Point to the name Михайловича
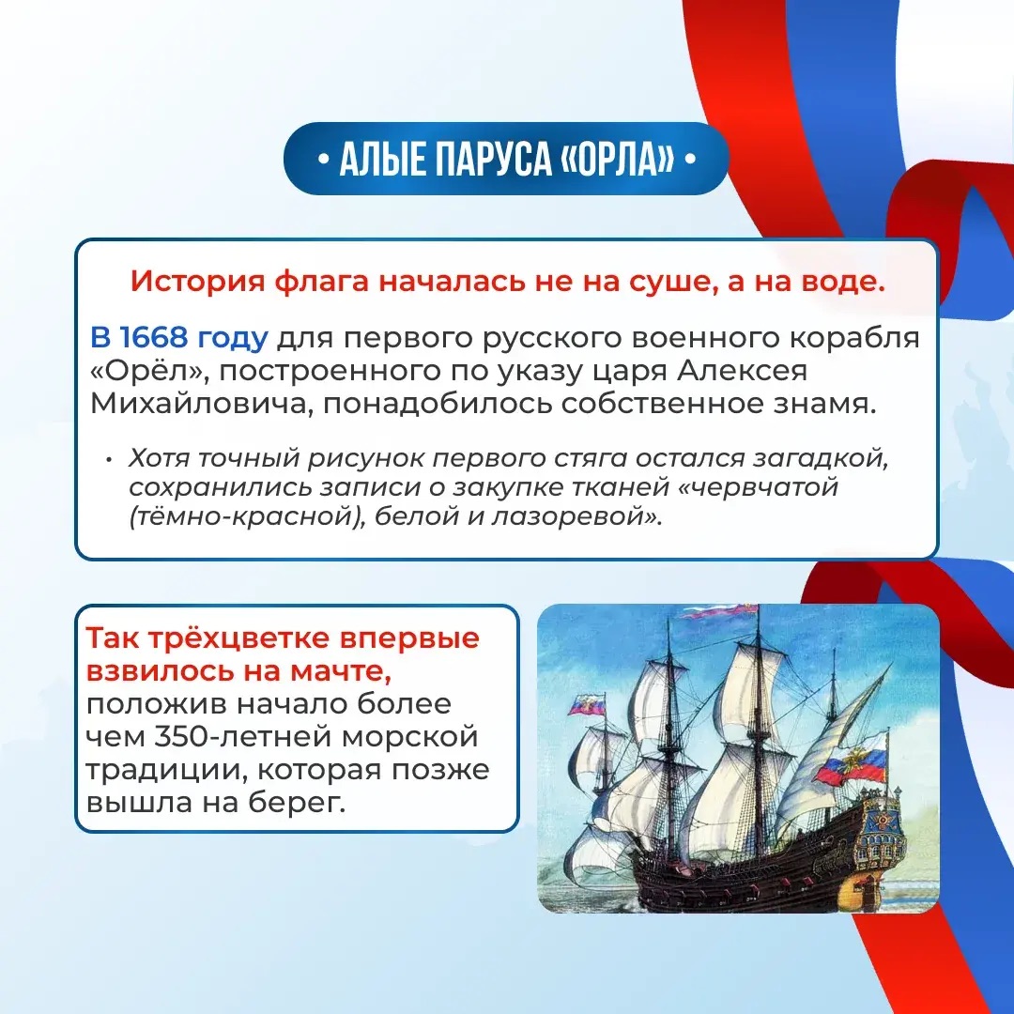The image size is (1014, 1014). pyautogui.click(x=201, y=404)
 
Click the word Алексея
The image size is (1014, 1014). pyautogui.click(x=742, y=371)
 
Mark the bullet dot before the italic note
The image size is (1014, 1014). pyautogui.click(x=109, y=459)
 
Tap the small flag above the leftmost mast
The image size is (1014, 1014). pyautogui.click(x=587, y=704)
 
